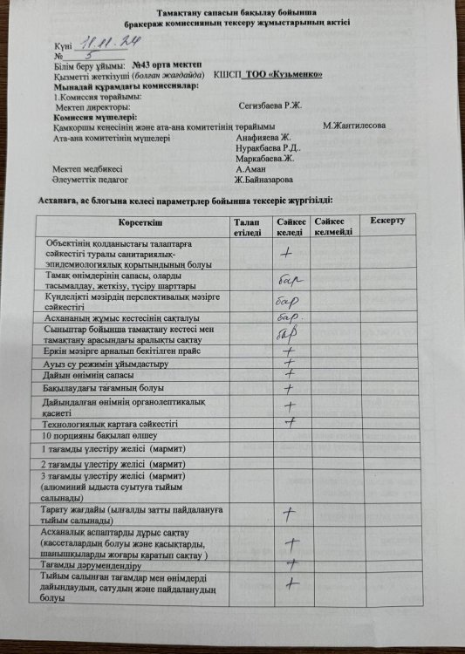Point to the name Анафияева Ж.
click(x=267, y=138)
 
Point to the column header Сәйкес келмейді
click(x=334, y=228)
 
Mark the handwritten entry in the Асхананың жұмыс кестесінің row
click(x=290, y=317)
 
